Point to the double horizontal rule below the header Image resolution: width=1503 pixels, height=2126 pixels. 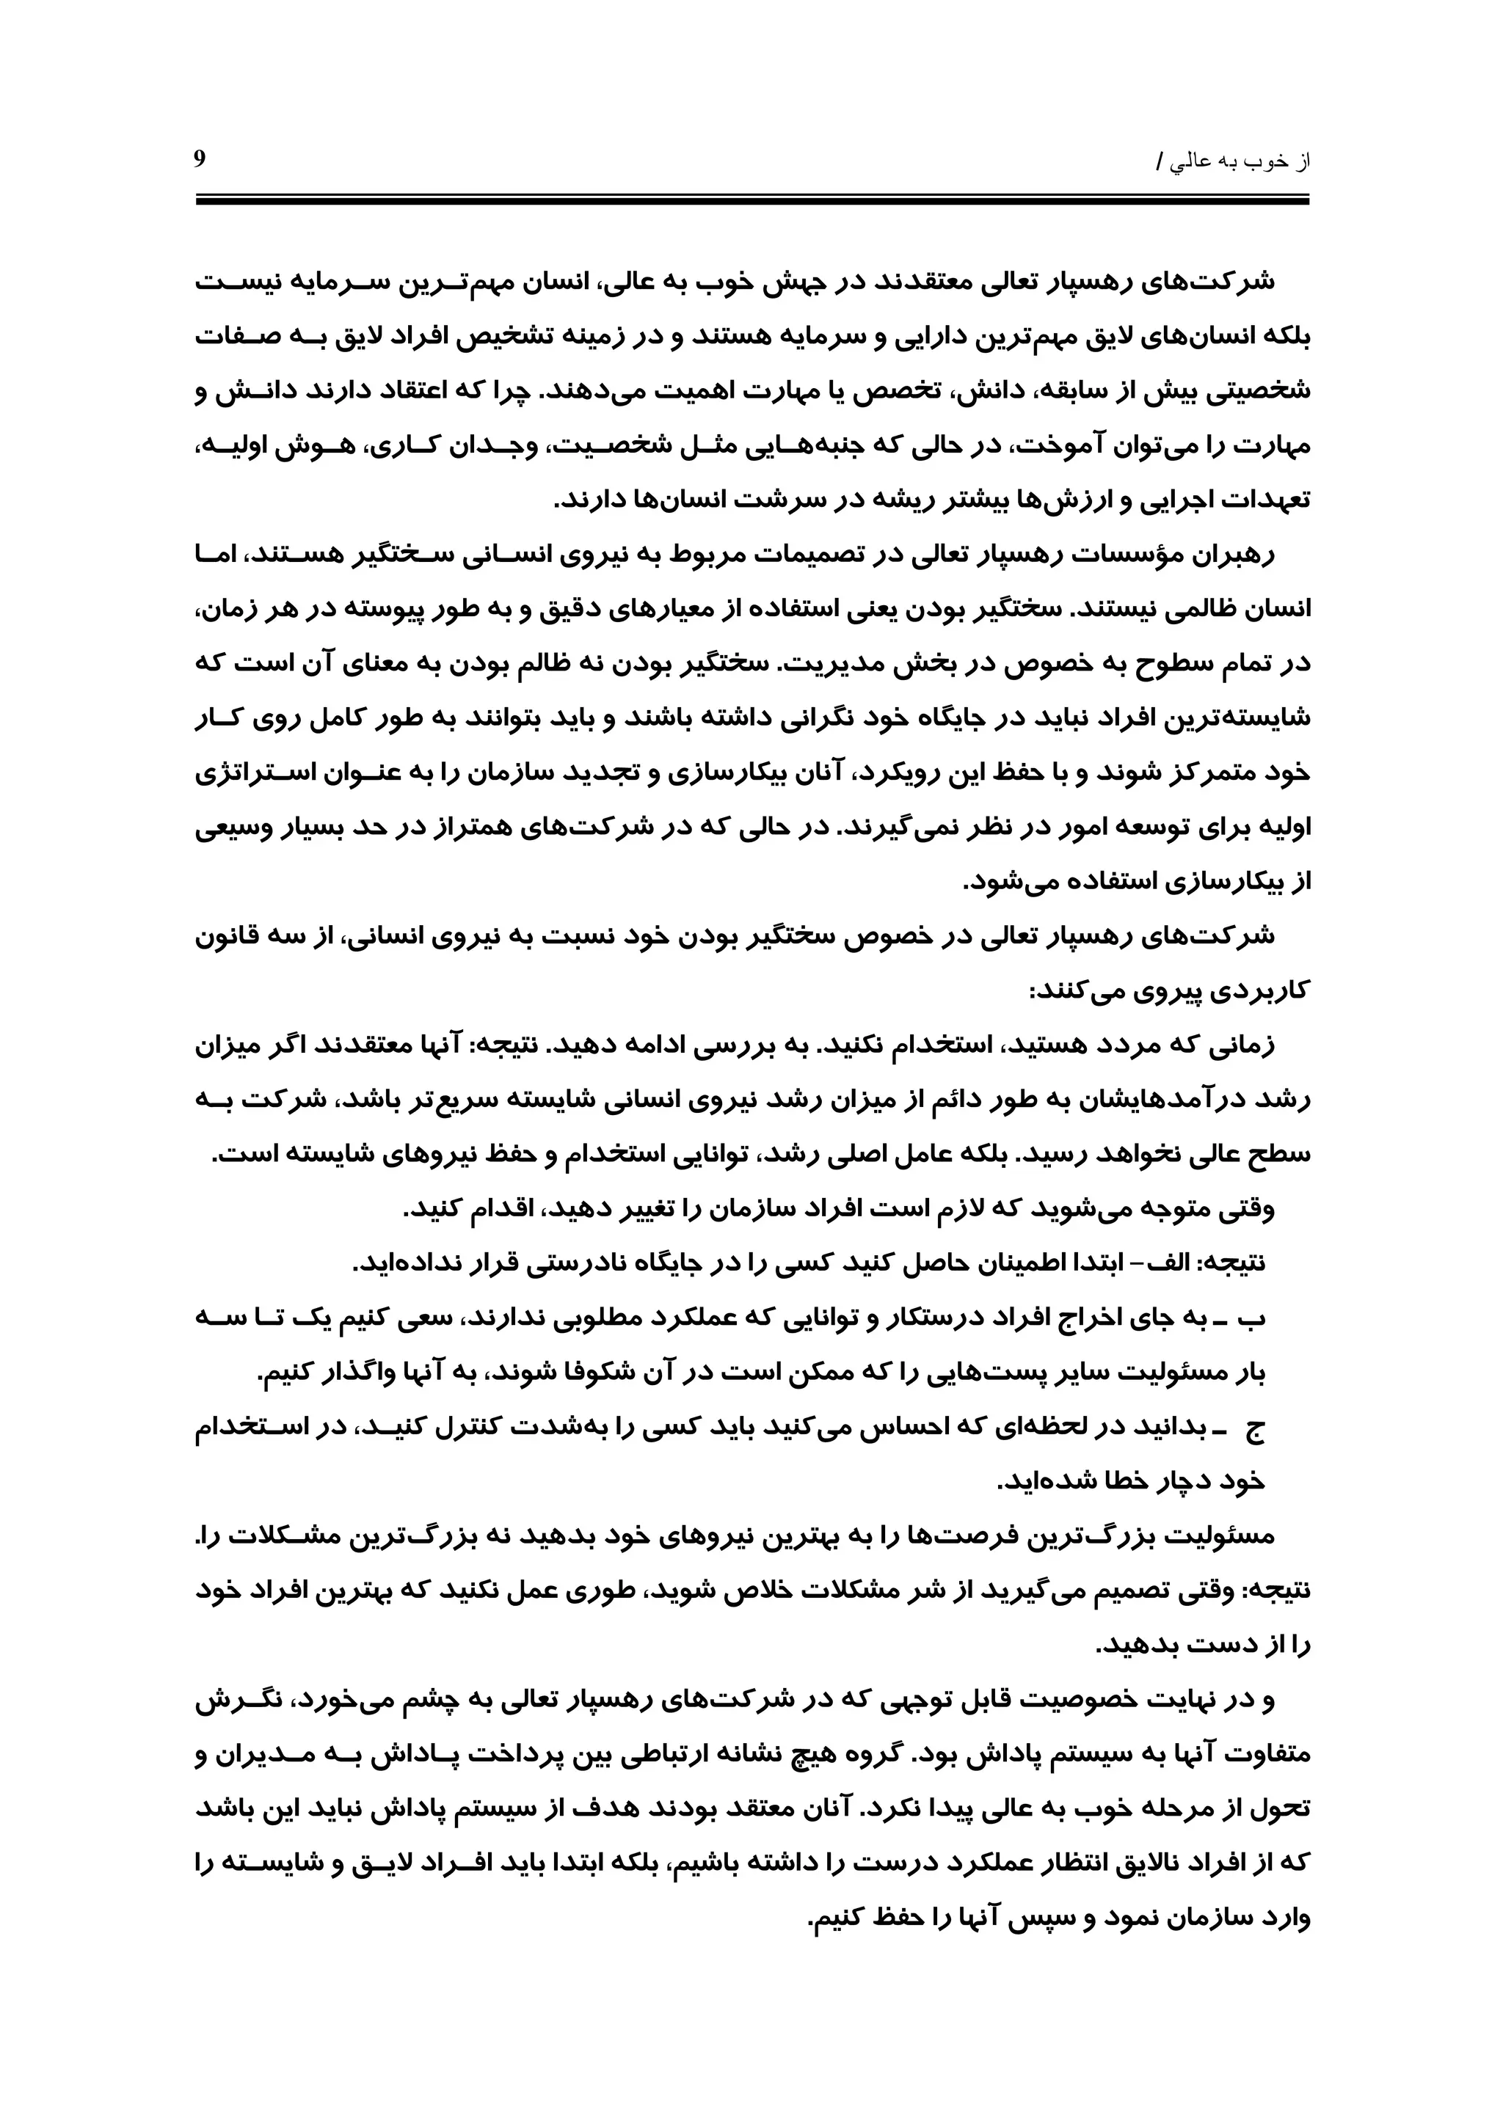(x=752, y=199)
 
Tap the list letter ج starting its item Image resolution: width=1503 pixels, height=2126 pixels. (x=1256, y=1430)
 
